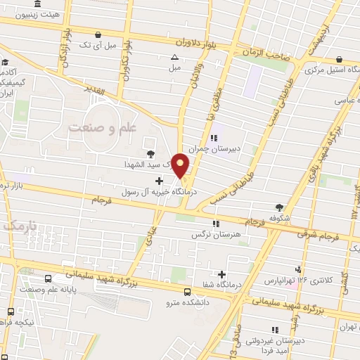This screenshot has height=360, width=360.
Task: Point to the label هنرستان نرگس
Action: click(217, 234)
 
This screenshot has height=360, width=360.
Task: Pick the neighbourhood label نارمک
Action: click(18, 226)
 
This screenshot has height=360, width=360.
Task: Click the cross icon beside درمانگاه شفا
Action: click(222, 274)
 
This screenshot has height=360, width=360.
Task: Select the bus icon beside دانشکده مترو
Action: click(187, 292)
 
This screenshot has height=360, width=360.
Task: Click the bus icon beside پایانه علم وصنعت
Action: click(48, 278)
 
